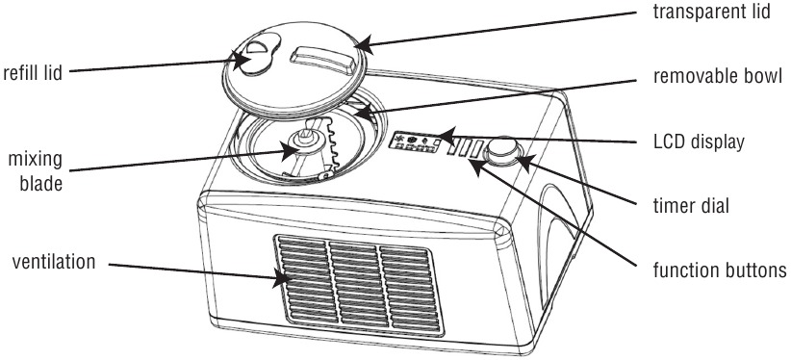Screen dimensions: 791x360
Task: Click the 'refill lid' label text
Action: (33, 72)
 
